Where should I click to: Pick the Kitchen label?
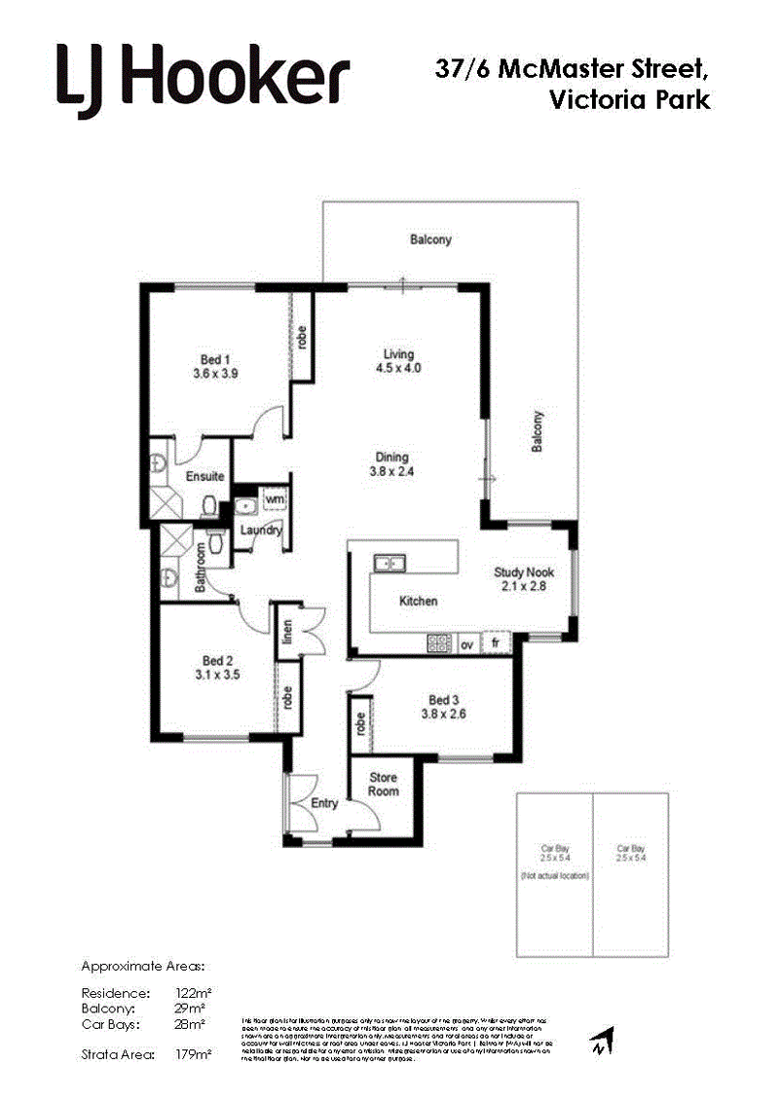[419, 602]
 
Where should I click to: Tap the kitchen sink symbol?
[390, 562]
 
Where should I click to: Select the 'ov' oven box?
[466, 644]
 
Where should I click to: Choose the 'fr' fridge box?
[496, 643]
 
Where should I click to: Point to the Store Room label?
[383, 784]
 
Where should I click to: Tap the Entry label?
[324, 803]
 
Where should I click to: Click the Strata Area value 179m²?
[198, 1053]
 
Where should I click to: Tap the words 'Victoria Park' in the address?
[629, 99]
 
